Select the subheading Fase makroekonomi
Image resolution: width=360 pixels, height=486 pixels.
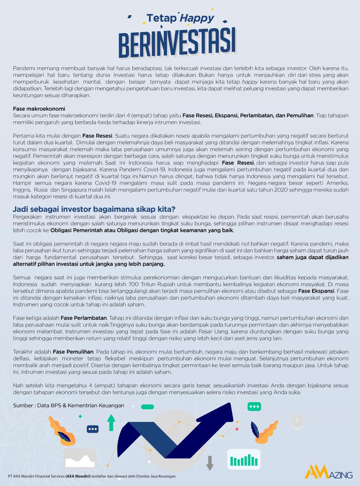point(39,109)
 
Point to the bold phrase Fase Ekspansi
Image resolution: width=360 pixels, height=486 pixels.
point(316,291)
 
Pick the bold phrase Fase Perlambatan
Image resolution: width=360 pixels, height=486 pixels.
point(84,318)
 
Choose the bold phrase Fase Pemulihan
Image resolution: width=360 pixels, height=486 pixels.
point(73,352)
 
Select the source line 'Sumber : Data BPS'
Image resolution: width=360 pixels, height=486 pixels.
point(68,405)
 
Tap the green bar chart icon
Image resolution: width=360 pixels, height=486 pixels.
point(244,460)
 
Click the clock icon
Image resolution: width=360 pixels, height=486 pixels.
point(297,421)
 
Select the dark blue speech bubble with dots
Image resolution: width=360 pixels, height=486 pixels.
point(93,429)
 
